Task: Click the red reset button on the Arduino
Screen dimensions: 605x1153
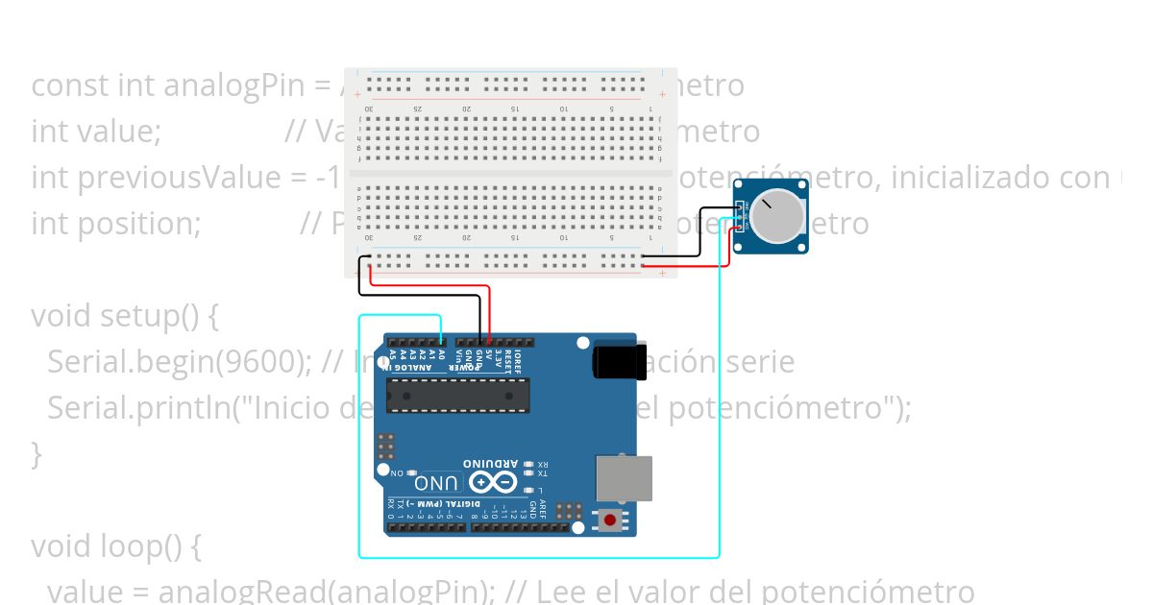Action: click(609, 521)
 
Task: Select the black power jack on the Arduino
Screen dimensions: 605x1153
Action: click(614, 361)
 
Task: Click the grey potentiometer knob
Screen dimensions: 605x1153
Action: click(776, 217)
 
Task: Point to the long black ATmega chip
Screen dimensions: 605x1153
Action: click(457, 394)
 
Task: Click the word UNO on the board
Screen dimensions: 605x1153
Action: click(437, 481)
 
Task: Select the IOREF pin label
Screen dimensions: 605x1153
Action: click(518, 359)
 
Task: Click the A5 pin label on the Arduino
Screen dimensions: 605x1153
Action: click(392, 357)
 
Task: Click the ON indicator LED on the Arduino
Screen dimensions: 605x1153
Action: click(412, 474)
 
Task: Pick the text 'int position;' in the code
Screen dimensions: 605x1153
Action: click(115, 223)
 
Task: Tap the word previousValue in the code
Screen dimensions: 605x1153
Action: click(201, 177)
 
